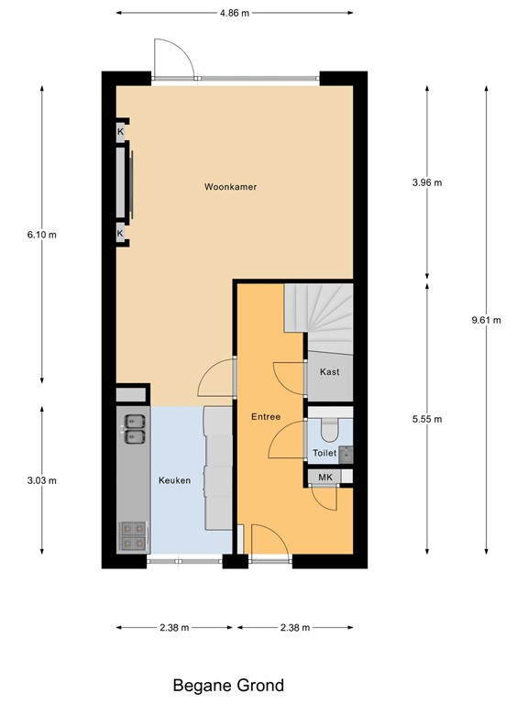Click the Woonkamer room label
point(230,187)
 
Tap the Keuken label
point(173,479)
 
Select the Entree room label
point(266,417)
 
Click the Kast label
point(329,372)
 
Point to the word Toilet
point(324,453)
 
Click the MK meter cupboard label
point(324,477)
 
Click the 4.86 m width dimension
point(234,14)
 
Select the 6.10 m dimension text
point(42,234)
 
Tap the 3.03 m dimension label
point(42,480)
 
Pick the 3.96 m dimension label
point(427,182)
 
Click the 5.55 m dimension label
point(427,419)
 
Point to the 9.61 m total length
point(486,320)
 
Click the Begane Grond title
point(228,685)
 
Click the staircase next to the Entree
point(318,317)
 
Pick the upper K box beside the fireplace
point(120,132)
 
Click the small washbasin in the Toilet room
point(346,453)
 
